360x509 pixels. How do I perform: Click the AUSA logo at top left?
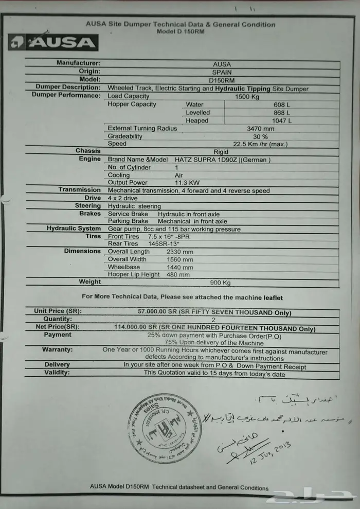tap(53, 43)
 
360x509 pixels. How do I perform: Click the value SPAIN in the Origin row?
tap(222, 72)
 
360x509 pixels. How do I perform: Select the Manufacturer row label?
tap(79, 63)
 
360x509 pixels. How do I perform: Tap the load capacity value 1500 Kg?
tap(249, 96)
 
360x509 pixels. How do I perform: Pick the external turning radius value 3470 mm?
tap(261, 129)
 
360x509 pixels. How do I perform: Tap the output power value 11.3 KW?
tap(183, 183)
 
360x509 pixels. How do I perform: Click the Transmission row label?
tap(79, 190)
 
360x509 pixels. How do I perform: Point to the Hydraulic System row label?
tap(74, 229)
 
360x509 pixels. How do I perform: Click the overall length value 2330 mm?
tap(180, 252)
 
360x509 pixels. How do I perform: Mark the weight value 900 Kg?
tap(219, 283)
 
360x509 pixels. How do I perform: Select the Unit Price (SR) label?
tap(58, 311)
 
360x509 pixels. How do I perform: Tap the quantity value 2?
tap(214, 320)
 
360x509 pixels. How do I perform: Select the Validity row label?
tap(57, 373)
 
